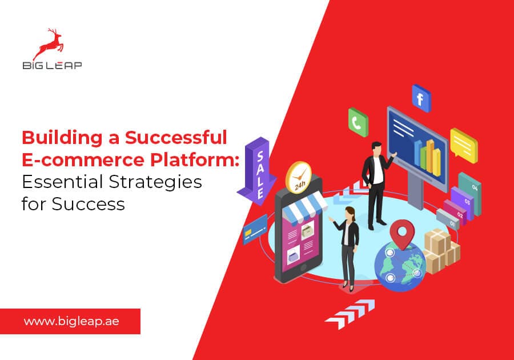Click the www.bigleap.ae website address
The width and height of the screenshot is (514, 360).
(x=71, y=321)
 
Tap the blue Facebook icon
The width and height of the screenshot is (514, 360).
(x=421, y=98)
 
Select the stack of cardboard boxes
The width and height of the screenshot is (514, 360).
(x=442, y=249)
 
